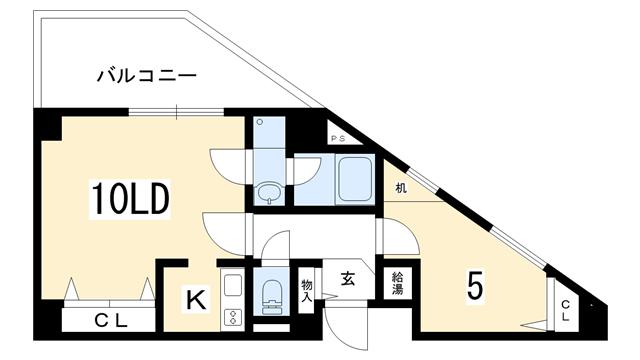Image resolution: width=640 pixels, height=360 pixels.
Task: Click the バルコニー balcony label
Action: pyautogui.click(x=147, y=76)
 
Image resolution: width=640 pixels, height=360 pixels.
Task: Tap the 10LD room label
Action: pyautogui.click(x=130, y=200)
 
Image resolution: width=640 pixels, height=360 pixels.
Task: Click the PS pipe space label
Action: pyautogui.click(x=338, y=139)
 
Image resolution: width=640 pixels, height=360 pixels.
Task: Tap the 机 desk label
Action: pyautogui.click(x=401, y=188)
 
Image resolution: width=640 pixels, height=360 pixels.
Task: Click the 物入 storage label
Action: pyautogui.click(x=307, y=291)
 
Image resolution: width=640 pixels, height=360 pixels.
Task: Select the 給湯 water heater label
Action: pyautogui.click(x=397, y=283)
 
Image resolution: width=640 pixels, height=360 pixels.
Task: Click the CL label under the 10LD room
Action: pyautogui.click(x=111, y=321)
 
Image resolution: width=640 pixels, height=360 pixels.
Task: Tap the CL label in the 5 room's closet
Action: pyautogui.click(x=565, y=311)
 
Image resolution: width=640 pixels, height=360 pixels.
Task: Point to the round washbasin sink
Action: pyautogui.click(x=269, y=192)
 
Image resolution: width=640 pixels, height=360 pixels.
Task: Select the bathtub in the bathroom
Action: pyautogui.click(x=355, y=180)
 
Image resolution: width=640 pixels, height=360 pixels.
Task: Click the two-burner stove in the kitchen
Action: pyautogui.click(x=233, y=317)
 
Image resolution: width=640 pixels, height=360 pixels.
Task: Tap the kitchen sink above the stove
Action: pyautogui.click(x=233, y=285)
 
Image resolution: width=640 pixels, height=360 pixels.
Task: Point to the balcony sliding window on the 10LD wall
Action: pyautogui.click(x=176, y=111)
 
